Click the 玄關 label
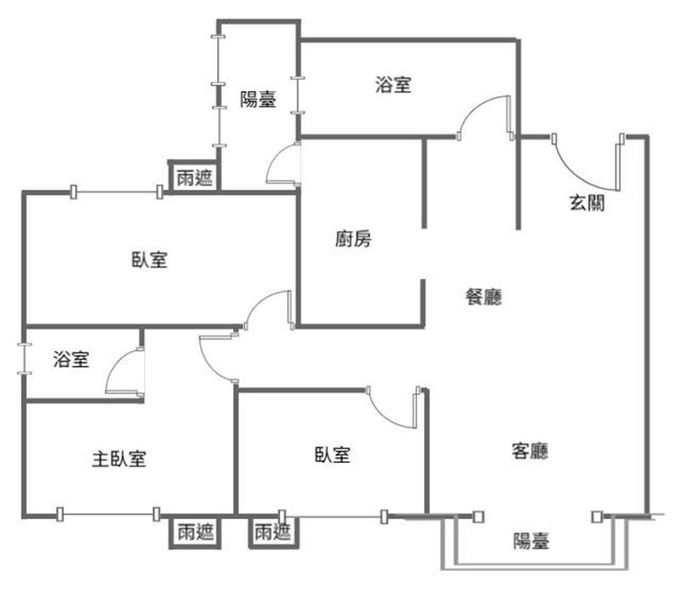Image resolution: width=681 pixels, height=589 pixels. [x=587, y=203]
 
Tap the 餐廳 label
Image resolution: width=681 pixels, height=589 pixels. [x=484, y=297]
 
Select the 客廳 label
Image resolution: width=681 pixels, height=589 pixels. [x=529, y=451]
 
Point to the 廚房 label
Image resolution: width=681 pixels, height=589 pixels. [x=353, y=238]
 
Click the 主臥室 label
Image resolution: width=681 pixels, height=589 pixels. [x=119, y=459]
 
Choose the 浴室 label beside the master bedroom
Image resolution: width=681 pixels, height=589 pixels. [x=72, y=359]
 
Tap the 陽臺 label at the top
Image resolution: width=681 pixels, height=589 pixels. [x=258, y=99]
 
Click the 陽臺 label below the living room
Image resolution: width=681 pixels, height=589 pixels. [x=531, y=541]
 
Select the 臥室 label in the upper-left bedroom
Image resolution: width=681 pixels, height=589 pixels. [x=150, y=260]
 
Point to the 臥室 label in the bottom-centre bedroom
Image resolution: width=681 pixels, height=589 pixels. [x=332, y=455]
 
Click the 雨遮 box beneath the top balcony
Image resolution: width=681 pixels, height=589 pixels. [x=195, y=177]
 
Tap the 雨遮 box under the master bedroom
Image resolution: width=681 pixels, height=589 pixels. [x=196, y=532]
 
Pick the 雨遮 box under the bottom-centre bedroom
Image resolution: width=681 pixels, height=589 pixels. [x=272, y=532]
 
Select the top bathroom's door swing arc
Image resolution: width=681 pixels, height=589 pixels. [x=477, y=106]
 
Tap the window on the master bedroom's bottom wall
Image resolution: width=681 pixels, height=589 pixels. [x=108, y=514]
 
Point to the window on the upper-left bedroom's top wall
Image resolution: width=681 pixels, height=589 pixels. [x=117, y=192]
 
